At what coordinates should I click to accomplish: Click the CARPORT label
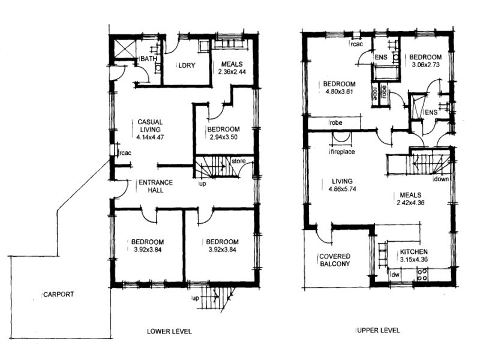pyautogui.click(x=59, y=295)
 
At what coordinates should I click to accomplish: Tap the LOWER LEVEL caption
pyautogui.click(x=169, y=331)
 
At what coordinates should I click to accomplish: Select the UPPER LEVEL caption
pyautogui.click(x=377, y=331)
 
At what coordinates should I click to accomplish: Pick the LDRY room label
pyautogui.click(x=183, y=65)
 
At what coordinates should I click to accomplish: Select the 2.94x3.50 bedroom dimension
pyautogui.click(x=223, y=137)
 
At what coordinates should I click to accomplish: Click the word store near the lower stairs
pyautogui.click(x=239, y=160)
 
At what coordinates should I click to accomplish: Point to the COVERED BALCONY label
pyautogui.click(x=335, y=260)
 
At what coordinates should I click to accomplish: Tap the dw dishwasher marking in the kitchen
pyautogui.click(x=395, y=275)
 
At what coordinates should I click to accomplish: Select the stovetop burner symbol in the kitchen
pyautogui.click(x=422, y=275)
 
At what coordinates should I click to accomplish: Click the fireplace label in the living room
pyautogui.click(x=342, y=152)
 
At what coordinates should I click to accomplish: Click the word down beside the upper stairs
pyautogui.click(x=441, y=179)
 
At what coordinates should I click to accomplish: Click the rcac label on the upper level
pyautogui.click(x=357, y=44)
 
